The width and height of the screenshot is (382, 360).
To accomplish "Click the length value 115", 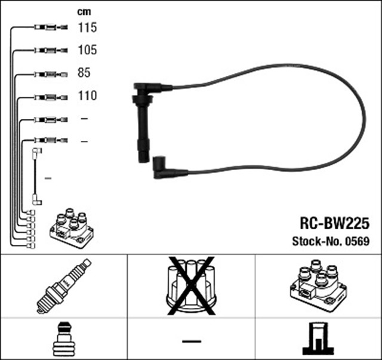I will click(87, 27).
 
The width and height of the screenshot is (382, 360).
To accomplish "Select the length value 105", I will click(87, 50).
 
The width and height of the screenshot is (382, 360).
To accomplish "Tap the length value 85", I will click(84, 73).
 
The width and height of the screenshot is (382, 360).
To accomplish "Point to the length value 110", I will click(87, 96).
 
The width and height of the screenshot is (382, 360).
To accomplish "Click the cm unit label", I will click(84, 11).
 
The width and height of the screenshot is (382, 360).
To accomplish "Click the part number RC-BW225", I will click(334, 223).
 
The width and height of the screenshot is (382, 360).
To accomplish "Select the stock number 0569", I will click(357, 242).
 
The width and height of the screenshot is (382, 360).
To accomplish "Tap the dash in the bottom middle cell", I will click(191, 340).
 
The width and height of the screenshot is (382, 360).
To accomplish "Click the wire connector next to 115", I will click(48, 27).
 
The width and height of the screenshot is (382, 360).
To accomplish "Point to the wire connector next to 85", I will click(48, 74).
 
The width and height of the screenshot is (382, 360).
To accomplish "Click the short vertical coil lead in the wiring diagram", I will click(36, 177).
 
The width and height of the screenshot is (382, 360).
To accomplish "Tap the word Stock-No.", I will click(315, 242).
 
